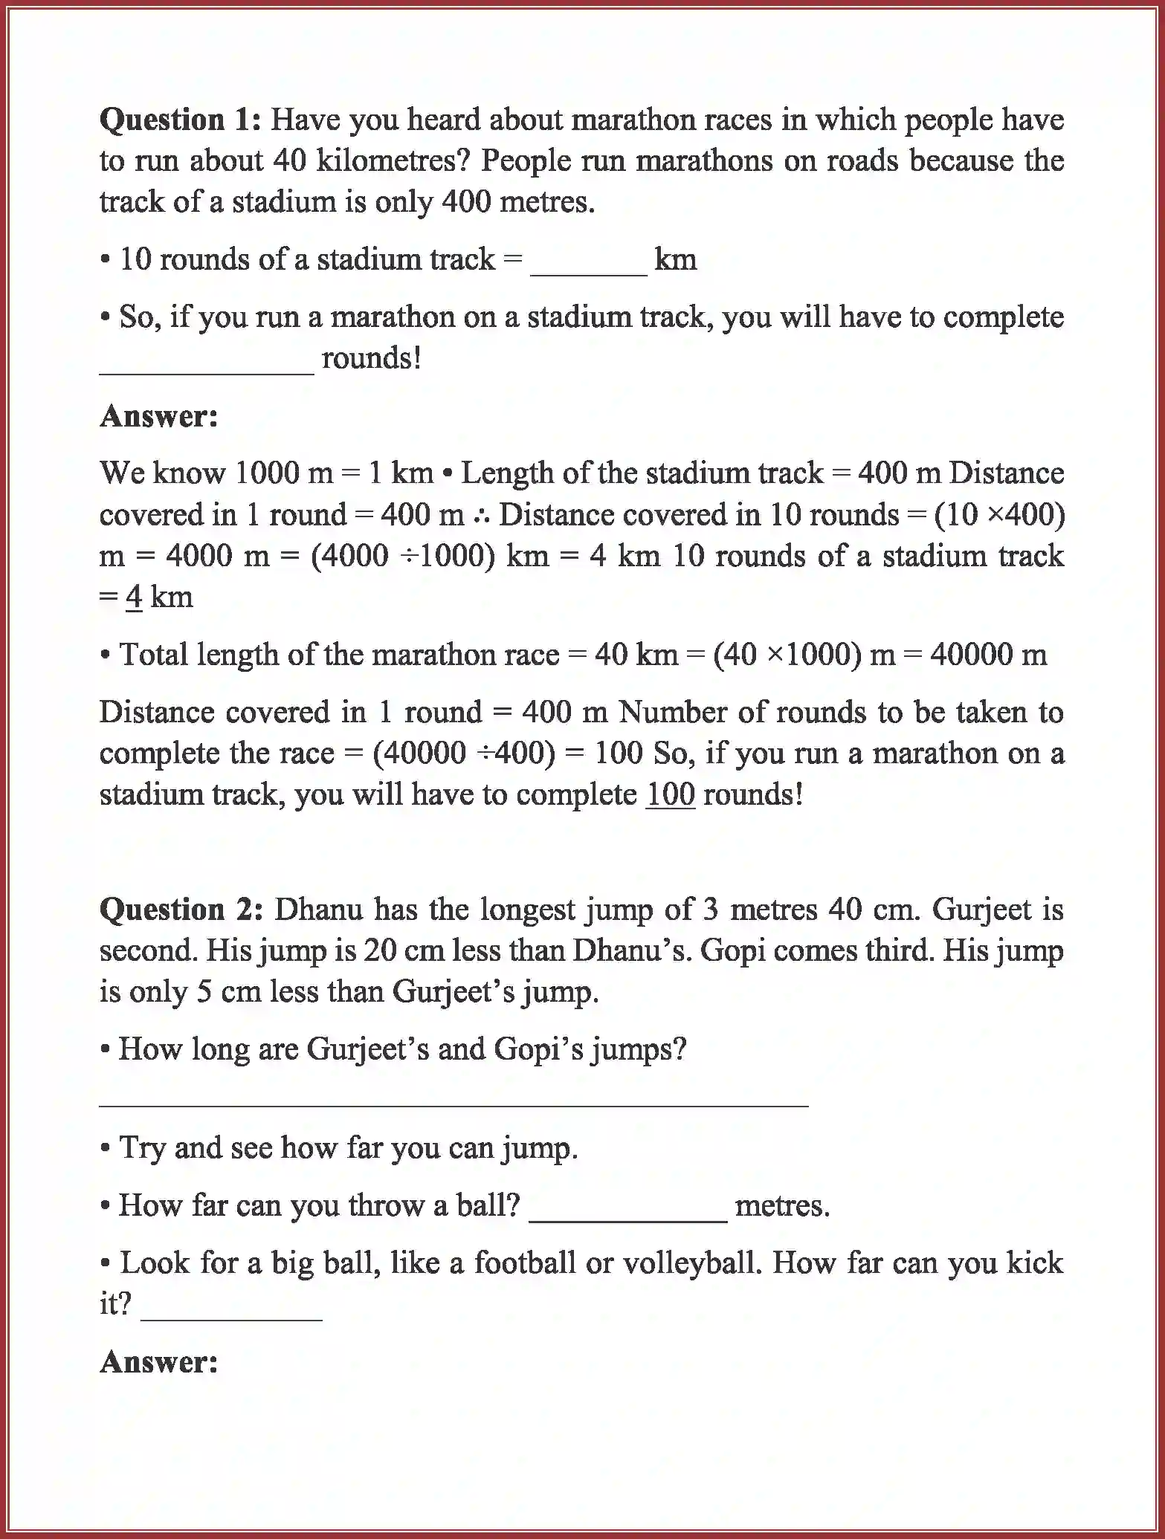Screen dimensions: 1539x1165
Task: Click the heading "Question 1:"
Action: coord(181,120)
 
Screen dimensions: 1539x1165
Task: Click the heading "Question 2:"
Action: coord(181,910)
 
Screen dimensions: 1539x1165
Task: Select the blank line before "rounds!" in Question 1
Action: coord(207,370)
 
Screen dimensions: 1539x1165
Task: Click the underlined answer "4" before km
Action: coord(134,597)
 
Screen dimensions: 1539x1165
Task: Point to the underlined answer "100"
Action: coord(670,795)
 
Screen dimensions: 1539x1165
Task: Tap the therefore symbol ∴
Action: coord(481,515)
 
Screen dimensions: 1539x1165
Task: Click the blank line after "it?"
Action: coord(231,1316)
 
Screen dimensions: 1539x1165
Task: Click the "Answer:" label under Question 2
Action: coord(159,1362)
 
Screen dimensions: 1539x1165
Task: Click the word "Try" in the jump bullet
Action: coord(143,1149)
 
